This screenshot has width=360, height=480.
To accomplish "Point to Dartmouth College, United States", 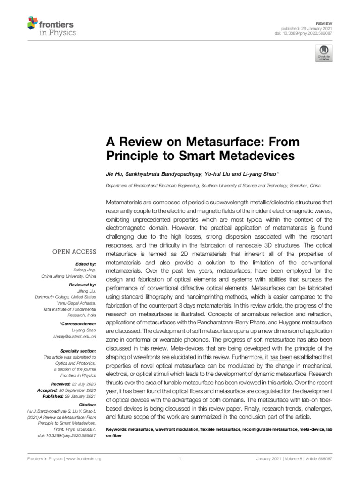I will pos(65,296).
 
